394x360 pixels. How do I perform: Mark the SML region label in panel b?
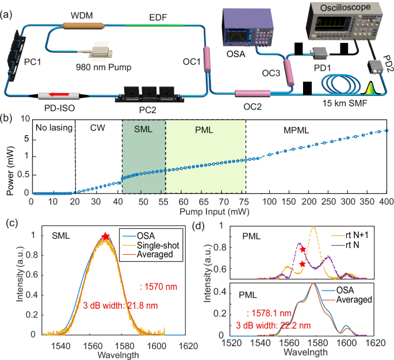(143, 129)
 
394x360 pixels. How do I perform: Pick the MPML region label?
(294, 129)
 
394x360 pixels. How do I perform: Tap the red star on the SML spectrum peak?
(105, 236)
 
